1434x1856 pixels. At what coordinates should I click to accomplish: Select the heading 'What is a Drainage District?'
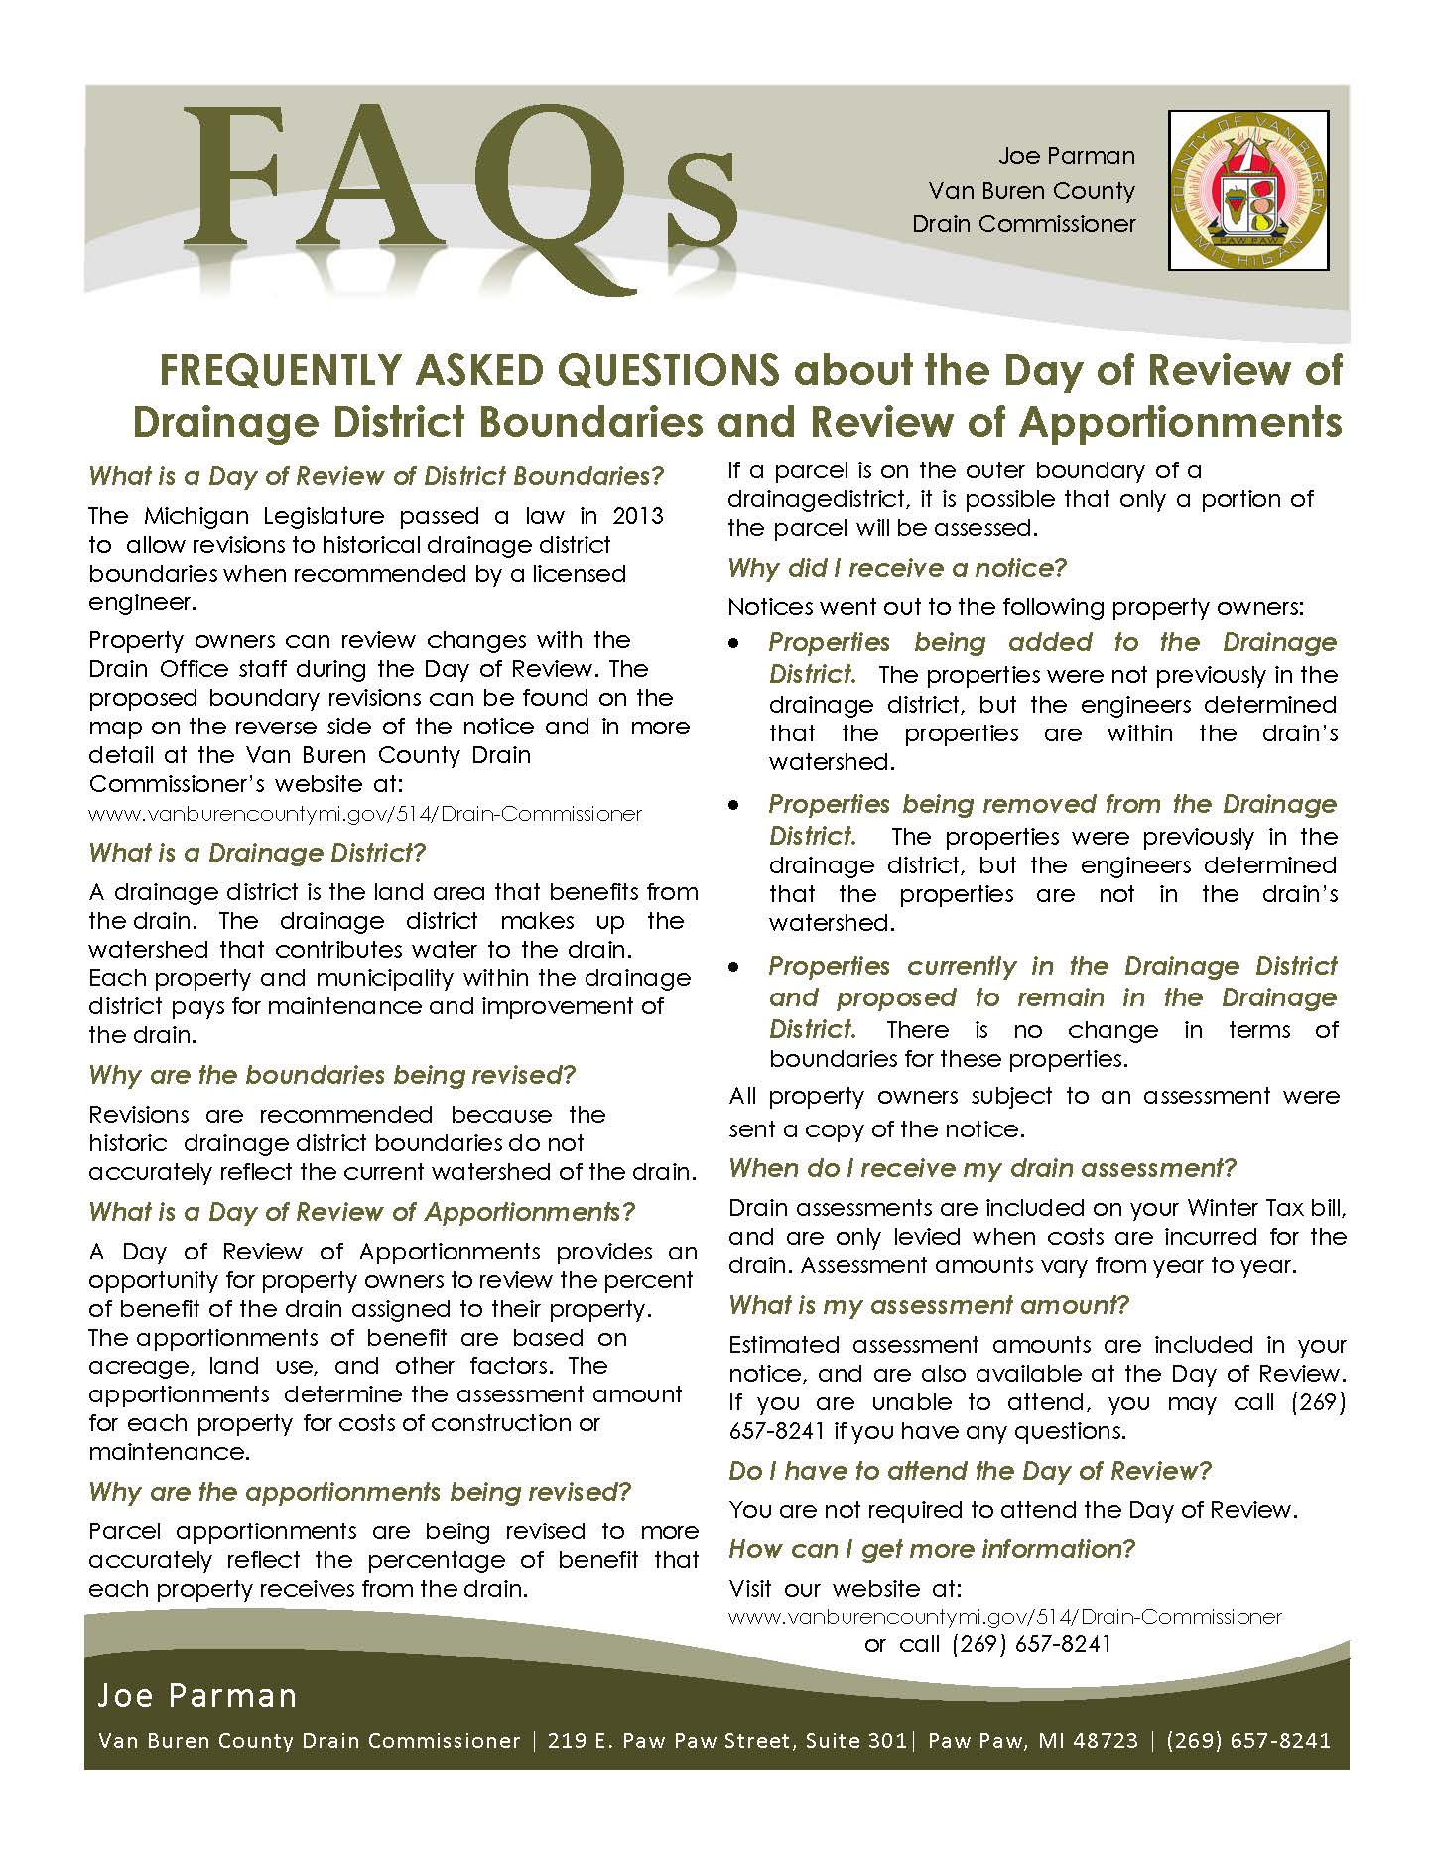coord(257,853)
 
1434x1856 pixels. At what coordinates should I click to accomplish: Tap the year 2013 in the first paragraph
coord(638,515)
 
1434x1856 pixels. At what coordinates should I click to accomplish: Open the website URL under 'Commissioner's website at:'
coord(365,814)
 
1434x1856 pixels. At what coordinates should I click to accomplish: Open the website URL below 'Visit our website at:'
coord(1005,1617)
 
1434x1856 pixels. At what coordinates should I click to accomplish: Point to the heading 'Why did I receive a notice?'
coord(897,568)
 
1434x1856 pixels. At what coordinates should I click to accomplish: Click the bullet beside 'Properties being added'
coord(733,644)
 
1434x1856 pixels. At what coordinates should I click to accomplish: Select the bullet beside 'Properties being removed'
coord(733,806)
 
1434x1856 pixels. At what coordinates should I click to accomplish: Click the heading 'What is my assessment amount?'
coord(929,1305)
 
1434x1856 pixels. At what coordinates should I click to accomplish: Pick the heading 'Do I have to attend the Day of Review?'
coord(970,1470)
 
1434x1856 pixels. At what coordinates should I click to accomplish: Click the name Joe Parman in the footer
coord(196,1696)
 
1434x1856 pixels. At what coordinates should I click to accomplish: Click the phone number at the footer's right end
coord(1247,1741)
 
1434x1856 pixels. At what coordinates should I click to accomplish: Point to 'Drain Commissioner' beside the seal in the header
coord(1023,224)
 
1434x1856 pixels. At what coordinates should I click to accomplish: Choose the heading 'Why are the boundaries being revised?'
coord(331,1075)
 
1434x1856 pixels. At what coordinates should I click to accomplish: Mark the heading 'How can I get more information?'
coord(932,1549)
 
